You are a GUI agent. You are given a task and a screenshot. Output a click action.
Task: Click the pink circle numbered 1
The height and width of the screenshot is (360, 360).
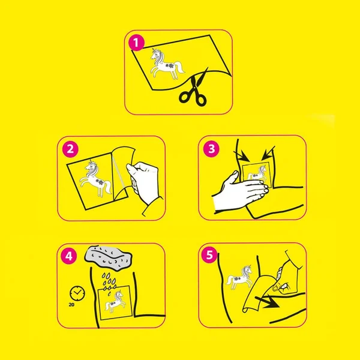[x=136, y=43]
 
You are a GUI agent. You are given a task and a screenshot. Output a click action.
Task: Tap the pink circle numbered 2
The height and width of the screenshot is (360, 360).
[x=70, y=149]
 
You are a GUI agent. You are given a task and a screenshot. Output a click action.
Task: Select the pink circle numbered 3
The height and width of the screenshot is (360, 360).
[x=211, y=149]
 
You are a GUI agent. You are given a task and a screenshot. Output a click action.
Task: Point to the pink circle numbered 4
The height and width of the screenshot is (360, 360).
[x=69, y=256]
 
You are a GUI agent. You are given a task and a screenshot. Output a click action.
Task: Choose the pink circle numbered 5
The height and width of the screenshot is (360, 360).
[x=209, y=255]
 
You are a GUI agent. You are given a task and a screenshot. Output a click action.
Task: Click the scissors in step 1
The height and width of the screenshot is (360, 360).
[x=194, y=88]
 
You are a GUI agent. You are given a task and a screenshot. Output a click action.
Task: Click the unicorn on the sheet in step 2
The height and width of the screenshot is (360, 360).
[x=95, y=179]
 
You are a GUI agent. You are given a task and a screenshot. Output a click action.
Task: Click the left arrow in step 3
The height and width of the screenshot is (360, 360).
[x=242, y=156]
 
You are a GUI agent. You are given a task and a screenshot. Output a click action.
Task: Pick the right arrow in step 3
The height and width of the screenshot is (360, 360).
[x=268, y=153]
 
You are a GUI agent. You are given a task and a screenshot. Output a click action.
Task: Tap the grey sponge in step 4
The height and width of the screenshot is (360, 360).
[x=109, y=258]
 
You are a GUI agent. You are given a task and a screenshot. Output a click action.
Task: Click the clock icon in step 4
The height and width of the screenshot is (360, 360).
[x=77, y=293]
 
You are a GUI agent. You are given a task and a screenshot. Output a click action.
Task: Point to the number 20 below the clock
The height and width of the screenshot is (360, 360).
[x=71, y=305]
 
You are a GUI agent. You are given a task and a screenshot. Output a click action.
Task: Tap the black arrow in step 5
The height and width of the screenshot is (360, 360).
[x=267, y=302]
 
